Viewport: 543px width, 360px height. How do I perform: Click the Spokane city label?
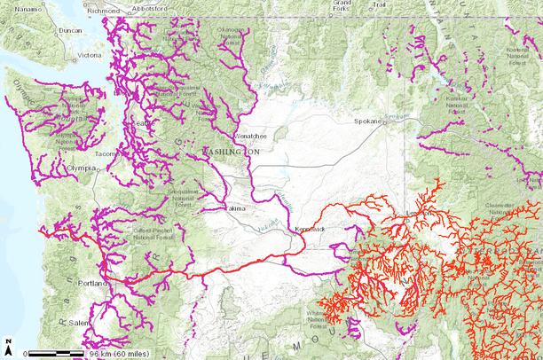[366, 121]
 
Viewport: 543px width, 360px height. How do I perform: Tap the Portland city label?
[92, 283]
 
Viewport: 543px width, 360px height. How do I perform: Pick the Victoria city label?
[90, 54]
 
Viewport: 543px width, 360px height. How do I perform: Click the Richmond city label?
[105, 12]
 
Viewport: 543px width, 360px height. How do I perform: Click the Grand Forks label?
[341, 5]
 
